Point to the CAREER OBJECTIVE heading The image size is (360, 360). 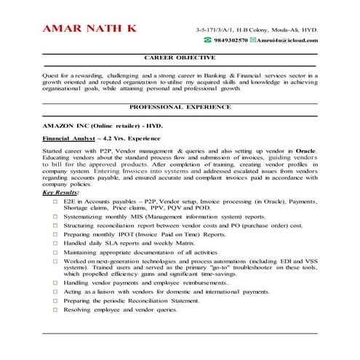[180, 57]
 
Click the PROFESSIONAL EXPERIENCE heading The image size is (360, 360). [180, 105]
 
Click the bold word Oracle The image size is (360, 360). [305, 149]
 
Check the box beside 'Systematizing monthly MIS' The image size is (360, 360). [56, 216]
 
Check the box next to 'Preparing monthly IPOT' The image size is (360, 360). [56, 235]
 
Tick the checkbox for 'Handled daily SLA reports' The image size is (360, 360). [56, 244]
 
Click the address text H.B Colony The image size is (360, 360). [253, 29]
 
